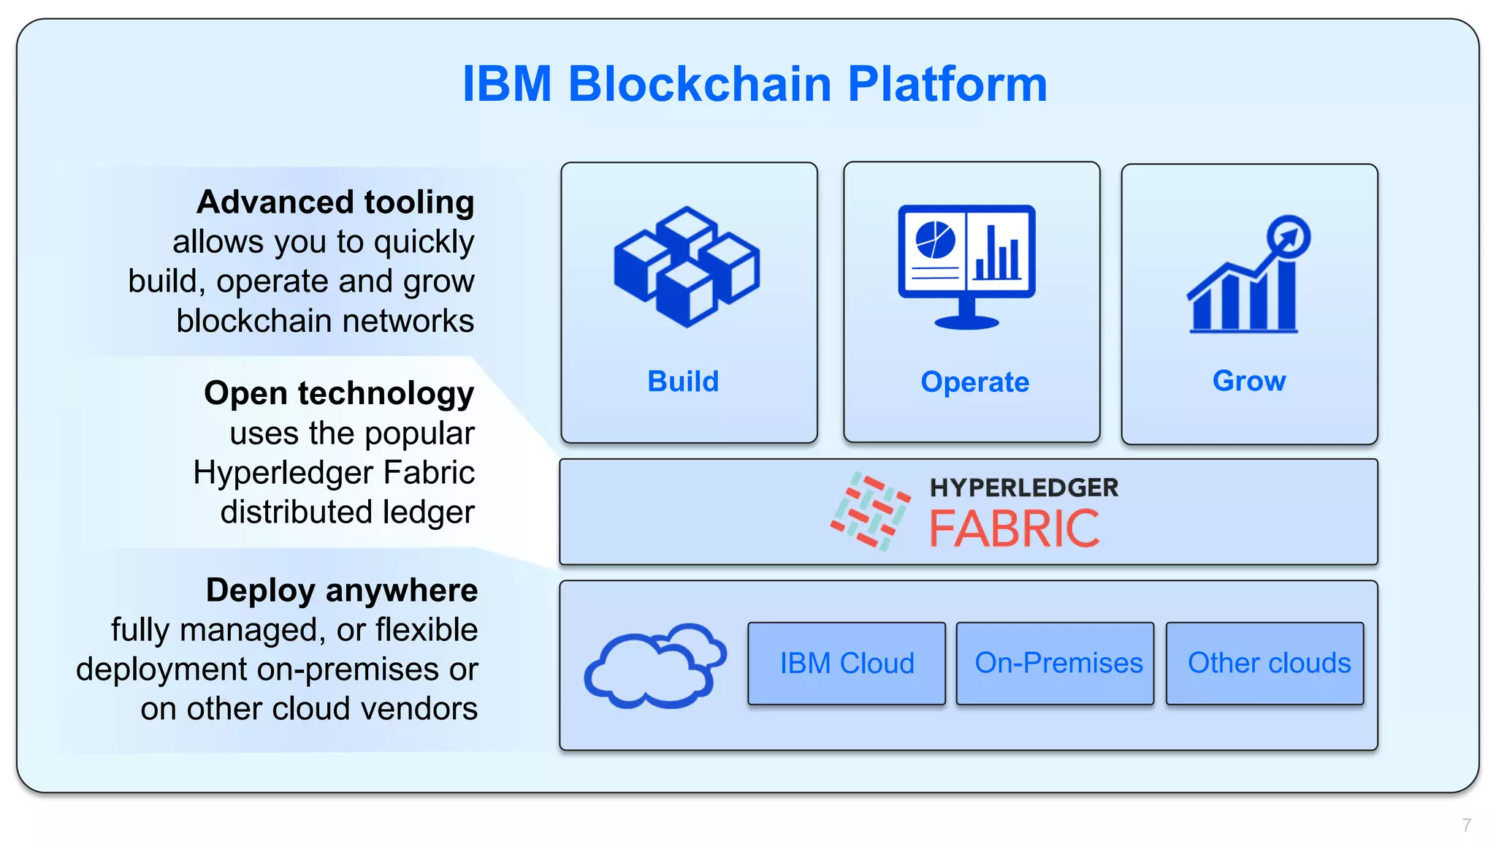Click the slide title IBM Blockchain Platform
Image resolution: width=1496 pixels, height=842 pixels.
(755, 83)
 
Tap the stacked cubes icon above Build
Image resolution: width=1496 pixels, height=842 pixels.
(687, 266)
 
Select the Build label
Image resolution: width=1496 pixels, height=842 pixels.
(683, 382)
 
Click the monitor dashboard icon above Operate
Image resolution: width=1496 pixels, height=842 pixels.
(966, 266)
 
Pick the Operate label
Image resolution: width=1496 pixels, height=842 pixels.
(974, 382)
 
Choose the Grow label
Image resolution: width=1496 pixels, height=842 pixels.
(1249, 381)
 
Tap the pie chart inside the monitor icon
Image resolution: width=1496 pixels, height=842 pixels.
(935, 240)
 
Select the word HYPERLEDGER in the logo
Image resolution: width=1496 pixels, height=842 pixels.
(1023, 488)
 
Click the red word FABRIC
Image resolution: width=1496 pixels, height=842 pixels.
(1015, 529)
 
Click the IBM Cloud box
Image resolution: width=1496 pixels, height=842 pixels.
(847, 664)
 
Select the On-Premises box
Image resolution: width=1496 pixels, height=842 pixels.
(1058, 664)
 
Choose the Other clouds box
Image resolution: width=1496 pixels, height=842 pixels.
(1268, 664)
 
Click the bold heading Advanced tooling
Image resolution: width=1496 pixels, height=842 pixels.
(335, 202)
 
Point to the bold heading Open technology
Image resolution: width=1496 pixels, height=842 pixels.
(339, 393)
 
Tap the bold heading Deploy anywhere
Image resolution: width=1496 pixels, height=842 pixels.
(341, 591)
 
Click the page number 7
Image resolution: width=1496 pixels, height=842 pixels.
(1466, 825)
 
